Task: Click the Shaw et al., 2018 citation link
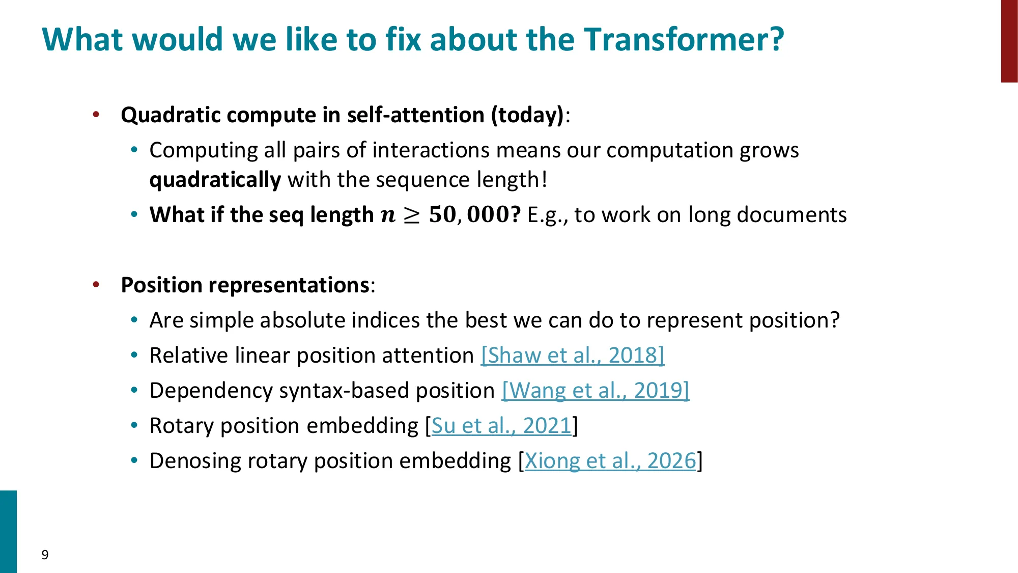point(573,355)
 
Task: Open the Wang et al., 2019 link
point(596,391)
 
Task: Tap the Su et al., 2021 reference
point(501,426)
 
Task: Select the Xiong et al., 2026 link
point(610,461)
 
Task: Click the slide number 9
point(45,555)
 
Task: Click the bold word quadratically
point(215,180)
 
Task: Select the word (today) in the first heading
point(527,115)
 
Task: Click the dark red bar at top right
point(1009,41)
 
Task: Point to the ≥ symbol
point(411,215)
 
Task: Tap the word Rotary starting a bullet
point(181,426)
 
